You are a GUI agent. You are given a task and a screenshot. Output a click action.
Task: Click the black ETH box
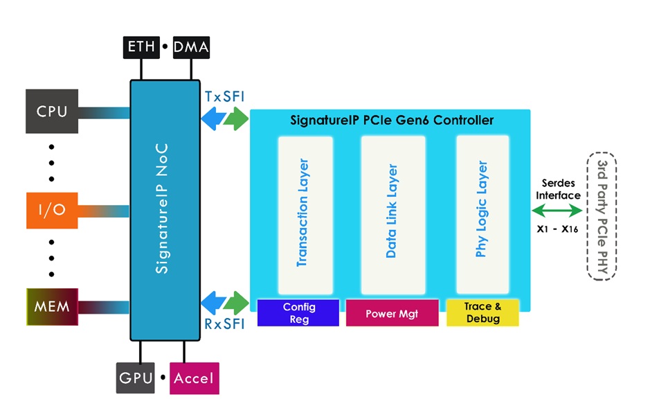(141, 47)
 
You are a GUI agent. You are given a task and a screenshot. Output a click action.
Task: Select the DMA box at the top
(190, 47)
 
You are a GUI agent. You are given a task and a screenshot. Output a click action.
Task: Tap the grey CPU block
(51, 111)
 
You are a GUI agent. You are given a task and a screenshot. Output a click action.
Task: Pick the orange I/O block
(51, 209)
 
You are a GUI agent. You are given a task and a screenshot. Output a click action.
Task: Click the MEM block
(52, 305)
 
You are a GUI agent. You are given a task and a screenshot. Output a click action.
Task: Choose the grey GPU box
(135, 378)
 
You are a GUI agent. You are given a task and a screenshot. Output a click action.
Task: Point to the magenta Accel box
(194, 378)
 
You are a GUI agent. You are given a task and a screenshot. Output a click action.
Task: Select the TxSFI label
(224, 96)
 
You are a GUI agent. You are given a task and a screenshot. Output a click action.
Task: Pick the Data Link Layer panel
(392, 215)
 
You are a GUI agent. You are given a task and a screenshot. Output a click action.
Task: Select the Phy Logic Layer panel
(482, 215)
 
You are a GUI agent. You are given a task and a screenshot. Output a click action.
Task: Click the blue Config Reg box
(298, 313)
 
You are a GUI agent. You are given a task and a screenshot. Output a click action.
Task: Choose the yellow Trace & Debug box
(482, 313)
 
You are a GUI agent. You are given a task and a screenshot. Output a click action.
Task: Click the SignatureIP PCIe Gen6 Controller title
(392, 121)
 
